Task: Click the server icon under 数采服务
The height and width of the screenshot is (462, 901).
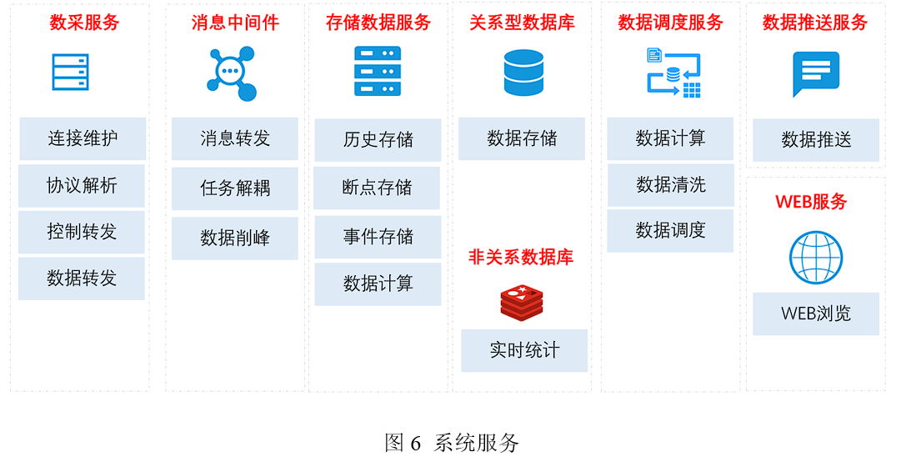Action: (70, 73)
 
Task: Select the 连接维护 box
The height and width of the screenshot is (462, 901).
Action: (83, 138)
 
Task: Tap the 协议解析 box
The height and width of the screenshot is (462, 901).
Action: (82, 185)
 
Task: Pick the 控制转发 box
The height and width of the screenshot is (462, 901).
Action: (82, 232)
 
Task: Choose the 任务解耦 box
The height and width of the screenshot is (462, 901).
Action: (235, 188)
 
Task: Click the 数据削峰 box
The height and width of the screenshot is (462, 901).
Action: (235, 238)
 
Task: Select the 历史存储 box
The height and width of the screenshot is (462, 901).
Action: (378, 140)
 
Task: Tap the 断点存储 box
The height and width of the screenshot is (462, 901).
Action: (377, 188)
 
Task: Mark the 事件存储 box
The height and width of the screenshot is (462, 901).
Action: (378, 237)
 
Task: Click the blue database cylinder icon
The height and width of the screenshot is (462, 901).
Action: (523, 73)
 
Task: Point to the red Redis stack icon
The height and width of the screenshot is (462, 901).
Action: (522, 302)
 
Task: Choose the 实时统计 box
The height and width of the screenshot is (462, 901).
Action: (524, 350)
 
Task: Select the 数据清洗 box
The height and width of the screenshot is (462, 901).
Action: (670, 185)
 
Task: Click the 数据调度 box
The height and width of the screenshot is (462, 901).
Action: (670, 230)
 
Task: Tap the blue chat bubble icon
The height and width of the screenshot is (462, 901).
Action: (815, 73)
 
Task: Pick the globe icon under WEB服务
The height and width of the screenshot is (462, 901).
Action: (815, 258)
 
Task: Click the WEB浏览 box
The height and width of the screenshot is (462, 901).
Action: (816, 314)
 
